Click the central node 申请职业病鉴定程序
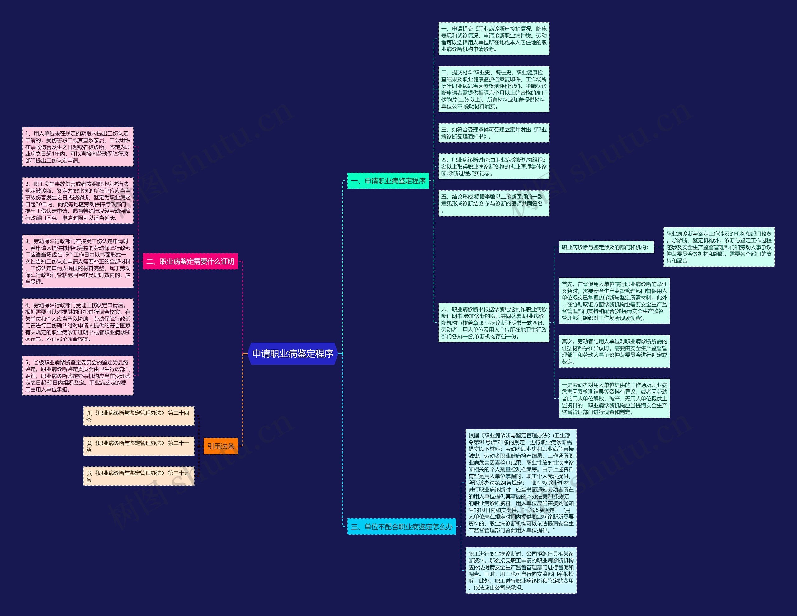293,353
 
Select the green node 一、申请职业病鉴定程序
388,181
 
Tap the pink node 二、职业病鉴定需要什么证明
190,261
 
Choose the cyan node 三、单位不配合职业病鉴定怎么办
401,527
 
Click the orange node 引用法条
220,446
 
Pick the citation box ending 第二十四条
139,416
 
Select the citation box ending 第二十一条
139,446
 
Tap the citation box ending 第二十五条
139,476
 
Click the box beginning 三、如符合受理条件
494,133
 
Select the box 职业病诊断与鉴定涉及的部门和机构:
606,247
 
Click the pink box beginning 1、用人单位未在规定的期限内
78,147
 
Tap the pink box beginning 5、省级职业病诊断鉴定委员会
78,376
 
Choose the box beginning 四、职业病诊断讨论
494,166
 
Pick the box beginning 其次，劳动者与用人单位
614,351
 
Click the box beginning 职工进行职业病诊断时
521,571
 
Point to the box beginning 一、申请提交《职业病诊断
494,39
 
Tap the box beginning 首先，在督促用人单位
614,301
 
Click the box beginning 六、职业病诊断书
494,323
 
